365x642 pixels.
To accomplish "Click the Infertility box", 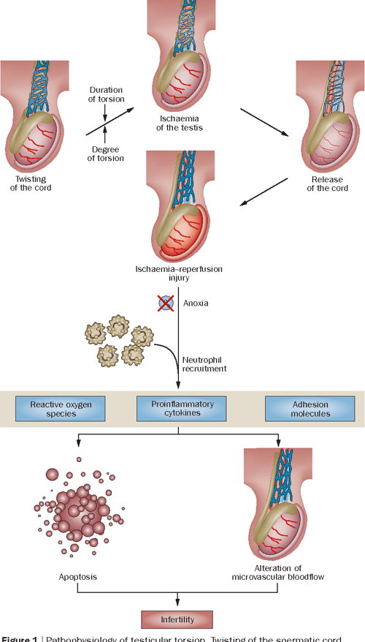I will click(x=178, y=620).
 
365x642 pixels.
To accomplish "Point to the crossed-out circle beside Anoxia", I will click(x=168, y=301).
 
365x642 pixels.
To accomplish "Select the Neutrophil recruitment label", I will click(x=206, y=363).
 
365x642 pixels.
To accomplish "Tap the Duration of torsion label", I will click(x=106, y=94).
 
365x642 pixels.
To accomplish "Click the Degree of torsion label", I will click(x=106, y=154).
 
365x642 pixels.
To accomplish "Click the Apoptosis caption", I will click(x=77, y=576).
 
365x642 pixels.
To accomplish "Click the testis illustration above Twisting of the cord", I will click(x=34, y=124).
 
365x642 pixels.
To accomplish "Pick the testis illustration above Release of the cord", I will click(x=328, y=124).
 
